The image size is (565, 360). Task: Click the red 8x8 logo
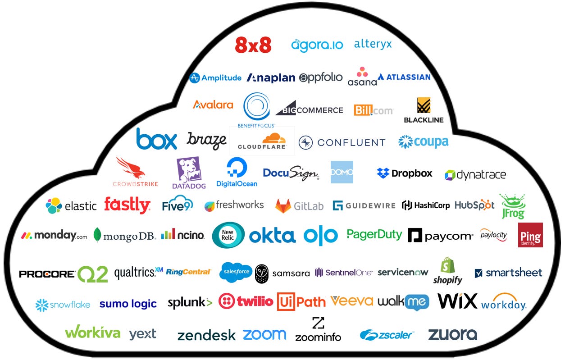pyautogui.click(x=253, y=45)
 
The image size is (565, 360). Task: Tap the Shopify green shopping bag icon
pyautogui.click(x=447, y=266)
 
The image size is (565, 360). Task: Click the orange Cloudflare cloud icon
pyautogui.click(x=262, y=138)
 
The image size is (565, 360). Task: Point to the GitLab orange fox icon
pyautogui.click(x=283, y=205)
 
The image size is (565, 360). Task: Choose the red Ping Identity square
pyautogui.click(x=530, y=235)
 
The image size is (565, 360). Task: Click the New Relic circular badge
pyautogui.click(x=228, y=235)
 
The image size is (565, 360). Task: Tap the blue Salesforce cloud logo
pyautogui.click(x=236, y=272)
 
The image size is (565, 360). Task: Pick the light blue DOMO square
pyautogui.click(x=342, y=172)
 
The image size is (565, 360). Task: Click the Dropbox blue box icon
pyautogui.click(x=383, y=173)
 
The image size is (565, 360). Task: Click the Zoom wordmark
pyautogui.click(x=264, y=334)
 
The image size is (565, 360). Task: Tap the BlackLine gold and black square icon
pyautogui.click(x=423, y=105)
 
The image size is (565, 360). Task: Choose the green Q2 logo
pyautogui.click(x=93, y=274)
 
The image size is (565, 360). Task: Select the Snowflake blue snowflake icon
pyautogui.click(x=42, y=305)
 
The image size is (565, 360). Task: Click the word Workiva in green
pyautogui.click(x=93, y=333)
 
